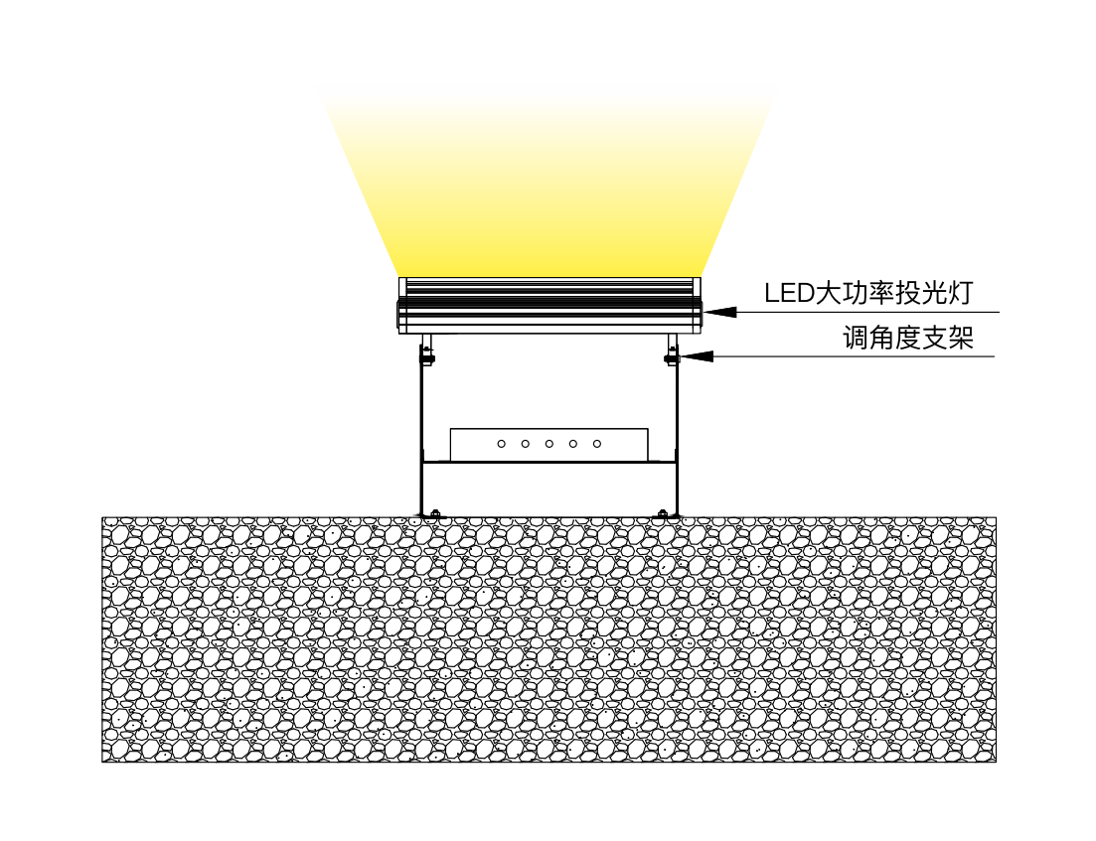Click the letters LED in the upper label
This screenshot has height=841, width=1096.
[787, 293]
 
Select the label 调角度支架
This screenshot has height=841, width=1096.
[908, 340]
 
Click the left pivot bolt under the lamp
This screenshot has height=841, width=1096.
[427, 354]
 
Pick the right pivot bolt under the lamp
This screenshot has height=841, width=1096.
[672, 354]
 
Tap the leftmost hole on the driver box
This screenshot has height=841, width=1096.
[501, 444]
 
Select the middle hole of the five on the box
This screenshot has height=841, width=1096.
[548, 444]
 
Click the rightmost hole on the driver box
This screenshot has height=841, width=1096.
[596, 444]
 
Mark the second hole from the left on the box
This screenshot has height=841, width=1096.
[525, 444]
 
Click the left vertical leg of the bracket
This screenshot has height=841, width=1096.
[421, 437]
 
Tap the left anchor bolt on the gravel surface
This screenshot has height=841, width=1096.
[433, 513]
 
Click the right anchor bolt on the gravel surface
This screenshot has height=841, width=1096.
[663, 513]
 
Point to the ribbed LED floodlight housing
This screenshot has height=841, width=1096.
[548, 306]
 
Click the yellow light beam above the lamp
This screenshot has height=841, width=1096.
[548, 179]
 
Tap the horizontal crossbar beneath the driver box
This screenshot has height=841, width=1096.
[548, 464]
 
